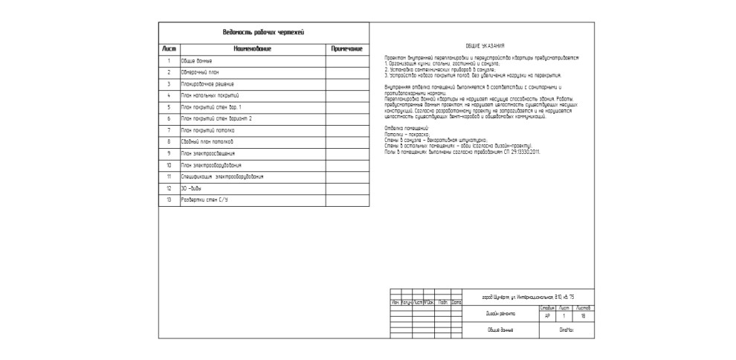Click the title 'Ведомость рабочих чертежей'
point(263,32)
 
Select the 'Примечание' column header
point(346,49)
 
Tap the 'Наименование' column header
point(252,49)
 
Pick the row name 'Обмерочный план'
point(200,72)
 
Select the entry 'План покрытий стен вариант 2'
point(216,118)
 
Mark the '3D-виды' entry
point(192,188)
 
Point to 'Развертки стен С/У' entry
point(204,199)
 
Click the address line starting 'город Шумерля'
point(518,296)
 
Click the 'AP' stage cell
point(548,315)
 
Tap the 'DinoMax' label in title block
point(566,329)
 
